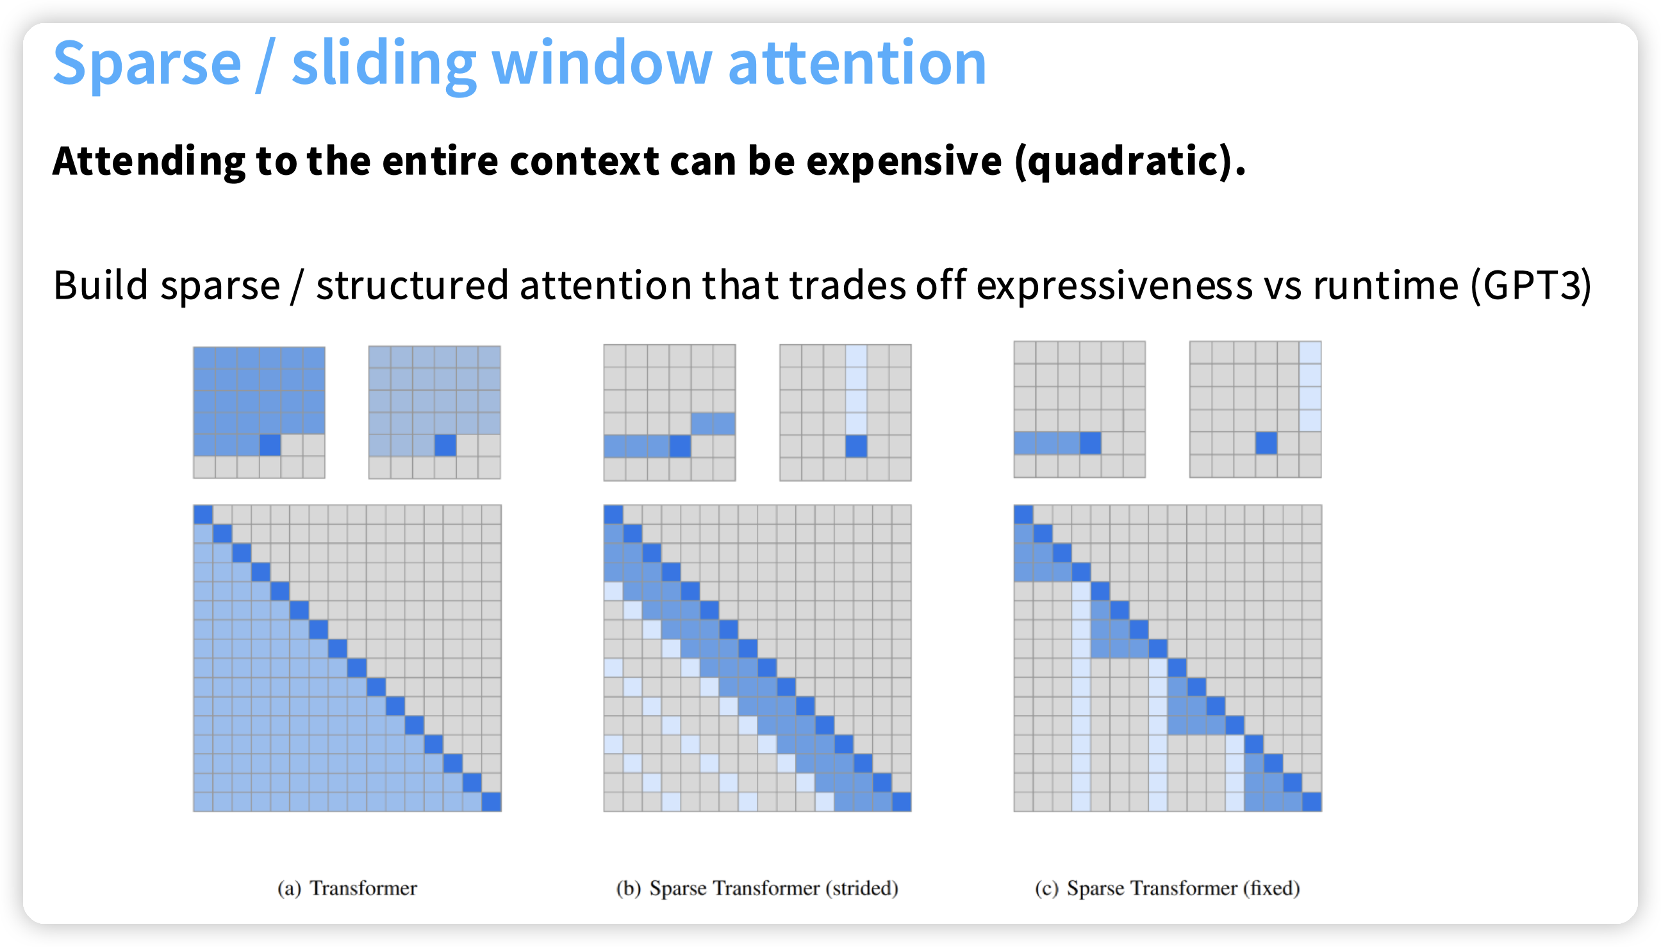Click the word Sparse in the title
(147, 63)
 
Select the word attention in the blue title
(857, 63)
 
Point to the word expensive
(905, 161)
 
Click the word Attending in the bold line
(149, 161)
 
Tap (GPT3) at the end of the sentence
(1531, 286)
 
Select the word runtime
(1385, 286)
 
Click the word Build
(101, 286)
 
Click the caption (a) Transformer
(347, 888)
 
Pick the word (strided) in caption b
(862, 888)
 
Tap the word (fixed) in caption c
(1271, 888)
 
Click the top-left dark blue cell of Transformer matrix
(203, 515)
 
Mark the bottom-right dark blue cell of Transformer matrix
(491, 802)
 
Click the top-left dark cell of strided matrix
(613, 515)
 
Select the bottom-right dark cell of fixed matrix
(1312, 802)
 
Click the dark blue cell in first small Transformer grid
(270, 445)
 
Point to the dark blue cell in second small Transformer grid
(445, 445)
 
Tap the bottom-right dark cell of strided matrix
(902, 802)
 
